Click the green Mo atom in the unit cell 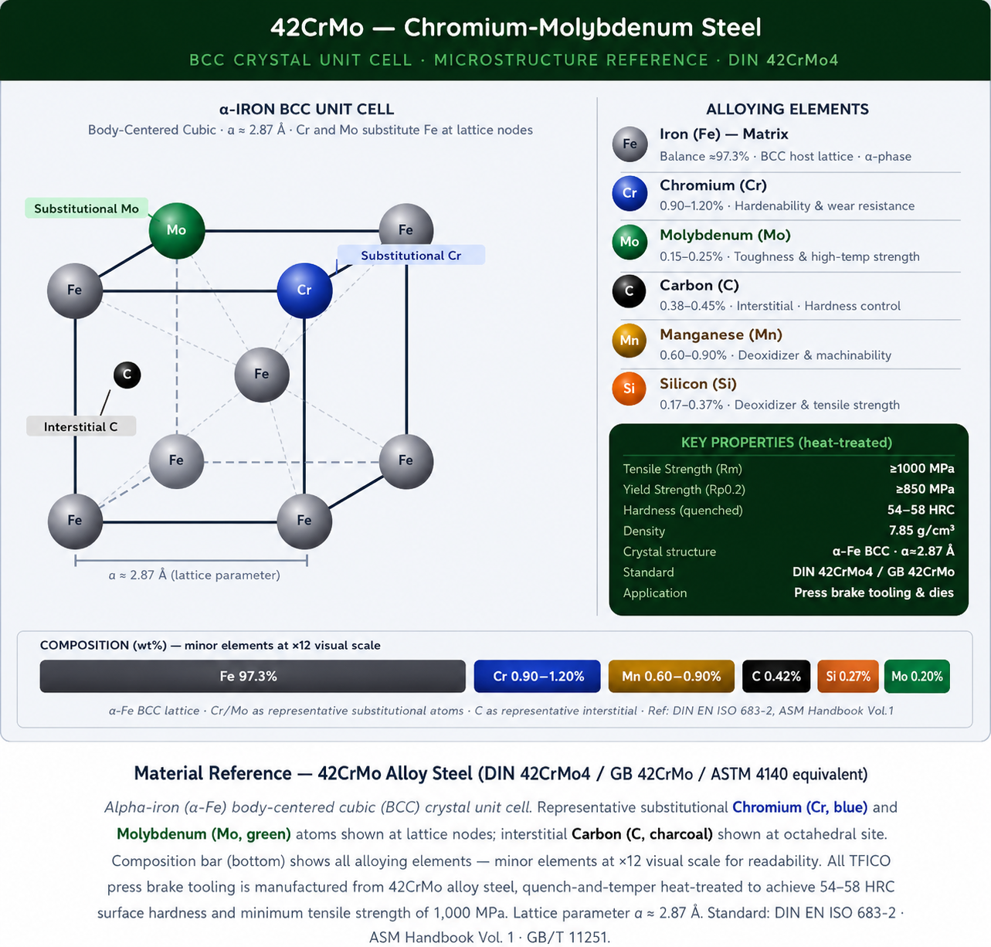pyautogui.click(x=177, y=230)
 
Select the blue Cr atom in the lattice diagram pyautogui.click(x=304, y=290)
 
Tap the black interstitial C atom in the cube pyautogui.click(x=127, y=375)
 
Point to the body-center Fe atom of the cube pyautogui.click(x=262, y=374)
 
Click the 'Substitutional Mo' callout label pyautogui.click(x=87, y=209)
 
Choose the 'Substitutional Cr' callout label pyautogui.click(x=411, y=255)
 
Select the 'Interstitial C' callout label pyautogui.click(x=81, y=426)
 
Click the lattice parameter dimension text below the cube pyautogui.click(x=194, y=575)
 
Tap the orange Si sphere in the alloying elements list pyautogui.click(x=629, y=389)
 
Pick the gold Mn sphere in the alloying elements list pyautogui.click(x=629, y=340)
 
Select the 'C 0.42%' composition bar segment pyautogui.click(x=776, y=676)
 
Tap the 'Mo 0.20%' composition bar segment pyautogui.click(x=917, y=676)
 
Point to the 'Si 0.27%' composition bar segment pyautogui.click(x=848, y=676)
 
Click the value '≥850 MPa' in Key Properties pyautogui.click(x=925, y=489)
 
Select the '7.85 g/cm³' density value pyautogui.click(x=921, y=530)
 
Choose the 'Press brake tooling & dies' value pyautogui.click(x=874, y=592)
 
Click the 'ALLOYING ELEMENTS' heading pyautogui.click(x=787, y=109)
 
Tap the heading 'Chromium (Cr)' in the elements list pyautogui.click(x=713, y=185)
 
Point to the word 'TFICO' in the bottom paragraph pyautogui.click(x=870, y=860)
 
